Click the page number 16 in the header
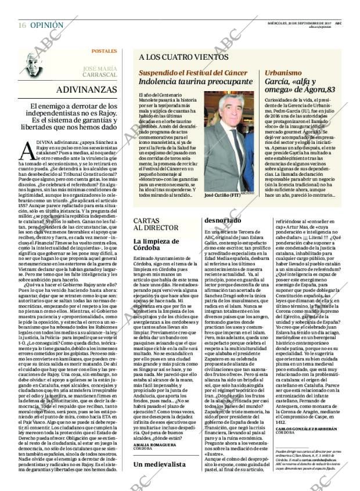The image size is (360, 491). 21,26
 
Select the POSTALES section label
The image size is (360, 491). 105,51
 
